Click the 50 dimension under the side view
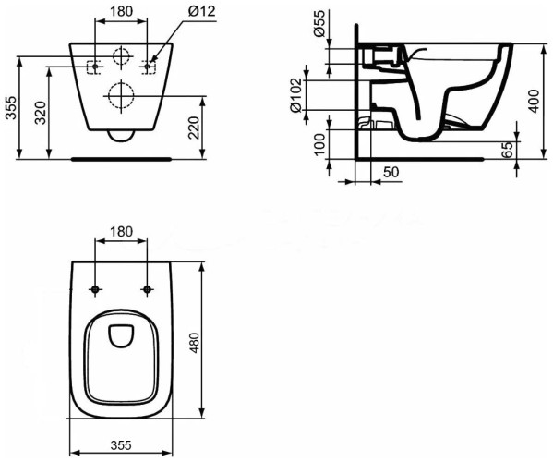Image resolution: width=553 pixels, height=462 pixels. click(391, 172)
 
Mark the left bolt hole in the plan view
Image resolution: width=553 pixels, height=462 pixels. click(96, 289)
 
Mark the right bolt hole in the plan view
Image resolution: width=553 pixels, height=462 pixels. click(146, 289)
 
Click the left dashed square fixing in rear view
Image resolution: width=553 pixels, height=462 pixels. click(93, 67)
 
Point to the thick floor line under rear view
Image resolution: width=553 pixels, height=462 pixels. click(121, 158)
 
